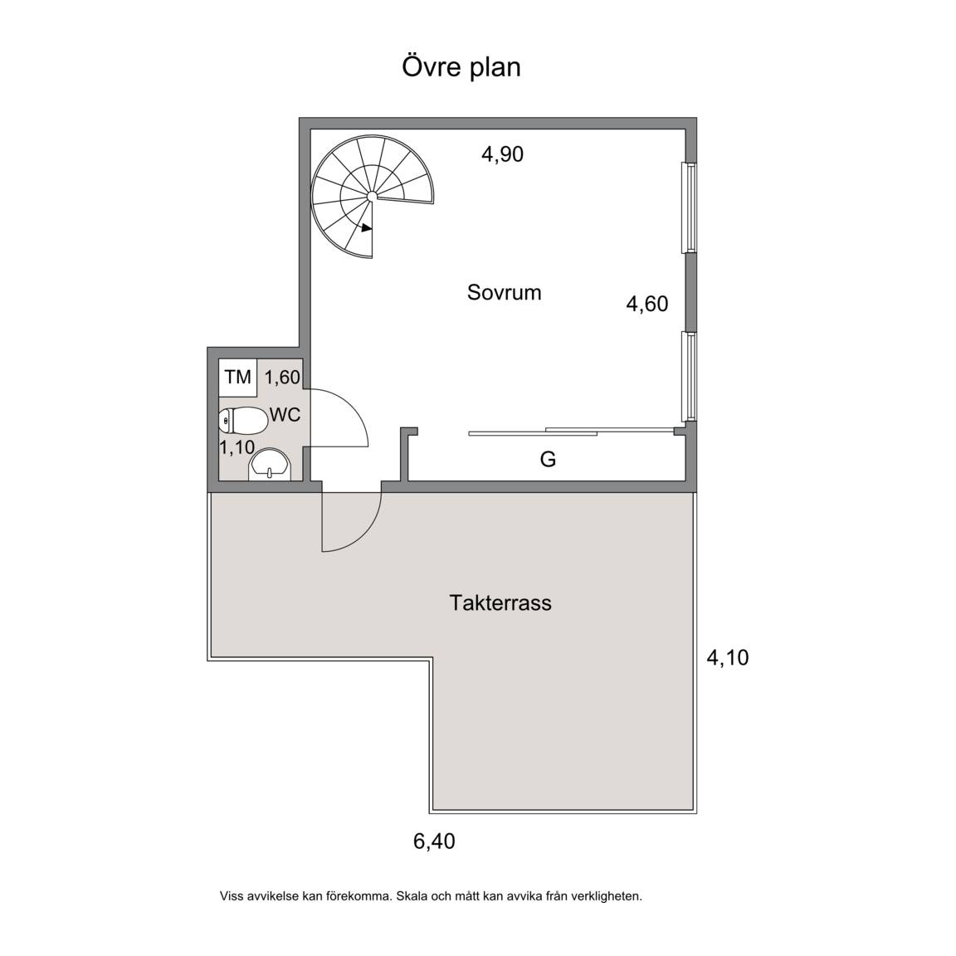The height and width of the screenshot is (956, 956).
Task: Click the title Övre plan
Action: [461, 68]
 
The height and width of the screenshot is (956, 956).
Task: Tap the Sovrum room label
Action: [505, 293]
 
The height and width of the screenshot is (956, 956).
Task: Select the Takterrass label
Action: [500, 603]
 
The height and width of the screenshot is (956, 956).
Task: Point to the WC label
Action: [285, 415]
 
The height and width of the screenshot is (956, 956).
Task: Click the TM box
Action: [238, 378]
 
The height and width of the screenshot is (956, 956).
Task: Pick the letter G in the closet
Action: [548, 459]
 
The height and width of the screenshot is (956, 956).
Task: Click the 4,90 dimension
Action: [502, 154]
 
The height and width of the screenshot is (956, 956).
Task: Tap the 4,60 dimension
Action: [647, 304]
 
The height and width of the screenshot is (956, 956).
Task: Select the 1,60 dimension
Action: [282, 378]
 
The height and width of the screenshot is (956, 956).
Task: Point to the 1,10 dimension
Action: [237, 447]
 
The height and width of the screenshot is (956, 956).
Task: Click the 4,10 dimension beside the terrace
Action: [727, 658]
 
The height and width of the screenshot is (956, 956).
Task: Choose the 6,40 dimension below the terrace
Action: [434, 842]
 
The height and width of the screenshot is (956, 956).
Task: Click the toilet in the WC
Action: [243, 420]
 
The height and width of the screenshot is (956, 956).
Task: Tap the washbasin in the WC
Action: [270, 466]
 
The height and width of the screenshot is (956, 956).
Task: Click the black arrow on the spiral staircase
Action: [367, 228]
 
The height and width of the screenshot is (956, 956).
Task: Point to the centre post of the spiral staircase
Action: [371, 196]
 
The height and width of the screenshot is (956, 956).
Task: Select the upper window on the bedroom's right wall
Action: [690, 207]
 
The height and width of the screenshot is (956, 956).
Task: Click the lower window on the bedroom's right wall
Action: [690, 376]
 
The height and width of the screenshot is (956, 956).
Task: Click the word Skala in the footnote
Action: [411, 896]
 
